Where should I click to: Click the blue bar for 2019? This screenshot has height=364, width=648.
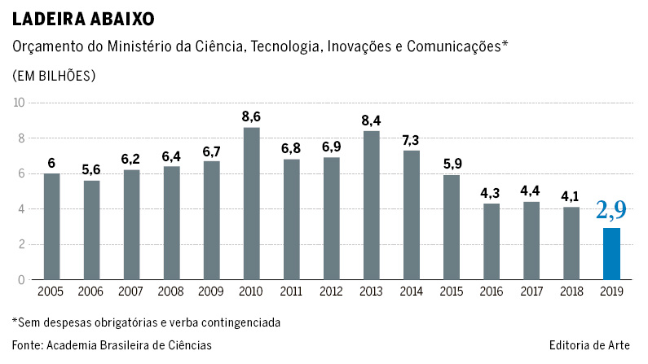coord(611,254)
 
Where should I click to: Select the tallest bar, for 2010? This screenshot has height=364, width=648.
coord(252,204)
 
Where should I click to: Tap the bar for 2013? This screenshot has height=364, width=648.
coord(372,205)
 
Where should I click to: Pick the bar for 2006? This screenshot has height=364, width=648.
coord(92,230)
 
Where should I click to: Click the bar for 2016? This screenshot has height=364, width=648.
coord(492,242)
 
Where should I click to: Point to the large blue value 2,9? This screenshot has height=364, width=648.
coord(611,210)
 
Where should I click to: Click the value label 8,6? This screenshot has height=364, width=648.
coord(252,116)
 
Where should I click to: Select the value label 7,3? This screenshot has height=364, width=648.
coord(412,139)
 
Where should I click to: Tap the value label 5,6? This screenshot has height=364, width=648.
coord(92,169)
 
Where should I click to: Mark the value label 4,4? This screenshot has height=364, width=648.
coord(531,191)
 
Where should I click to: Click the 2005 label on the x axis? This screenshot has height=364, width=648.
coord(52,292)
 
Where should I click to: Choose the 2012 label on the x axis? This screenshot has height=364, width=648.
coord(332,292)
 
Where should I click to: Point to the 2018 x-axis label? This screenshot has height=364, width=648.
coord(571,292)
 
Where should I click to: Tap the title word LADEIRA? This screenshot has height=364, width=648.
coord(46,17)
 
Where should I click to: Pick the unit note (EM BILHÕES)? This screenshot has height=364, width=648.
coord(54,75)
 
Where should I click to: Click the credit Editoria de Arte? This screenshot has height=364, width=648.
coord(589,345)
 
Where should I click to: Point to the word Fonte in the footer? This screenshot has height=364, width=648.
coord(26,345)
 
